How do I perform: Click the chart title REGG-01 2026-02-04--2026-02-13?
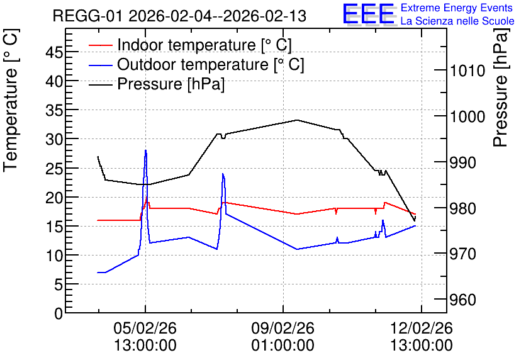click(179, 16)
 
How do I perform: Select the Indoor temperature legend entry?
click(190, 45)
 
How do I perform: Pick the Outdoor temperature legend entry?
click(196, 64)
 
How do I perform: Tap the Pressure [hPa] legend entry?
click(157, 84)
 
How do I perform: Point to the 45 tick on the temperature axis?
click(55, 52)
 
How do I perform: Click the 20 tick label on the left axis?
click(55, 198)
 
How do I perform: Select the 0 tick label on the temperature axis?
click(59, 313)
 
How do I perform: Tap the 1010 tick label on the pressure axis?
click(467, 71)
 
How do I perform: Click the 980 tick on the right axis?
click(463, 208)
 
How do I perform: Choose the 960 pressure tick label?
click(463, 300)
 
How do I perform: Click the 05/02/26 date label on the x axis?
click(145, 328)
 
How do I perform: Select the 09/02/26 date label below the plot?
click(283, 328)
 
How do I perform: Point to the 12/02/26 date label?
click(422, 328)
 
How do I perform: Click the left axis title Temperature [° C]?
click(11, 101)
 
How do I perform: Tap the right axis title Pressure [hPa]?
click(501, 87)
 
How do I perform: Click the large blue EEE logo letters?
click(369, 14)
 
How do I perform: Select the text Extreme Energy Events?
click(457, 8)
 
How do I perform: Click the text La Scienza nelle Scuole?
click(457, 21)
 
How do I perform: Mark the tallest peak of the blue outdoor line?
click(145, 150)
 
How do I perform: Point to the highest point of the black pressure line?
click(297, 120)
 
